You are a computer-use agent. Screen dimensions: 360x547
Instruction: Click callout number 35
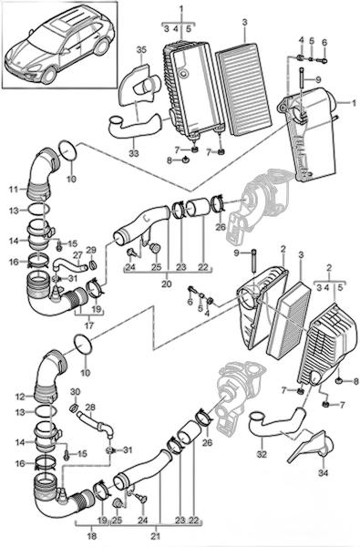[x=140, y=50]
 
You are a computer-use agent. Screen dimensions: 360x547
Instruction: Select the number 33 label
[x=134, y=153]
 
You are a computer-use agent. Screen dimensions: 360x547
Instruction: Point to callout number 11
[x=14, y=190]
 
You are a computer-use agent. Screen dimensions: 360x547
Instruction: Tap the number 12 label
[x=19, y=397]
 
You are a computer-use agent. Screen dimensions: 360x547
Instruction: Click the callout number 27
[x=77, y=255]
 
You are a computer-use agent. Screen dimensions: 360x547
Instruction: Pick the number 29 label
[x=91, y=250]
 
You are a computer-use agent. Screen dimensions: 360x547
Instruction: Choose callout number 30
[x=76, y=392]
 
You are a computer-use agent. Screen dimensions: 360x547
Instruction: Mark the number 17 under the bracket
[x=89, y=325]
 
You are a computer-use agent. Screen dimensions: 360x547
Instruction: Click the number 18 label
[x=91, y=536]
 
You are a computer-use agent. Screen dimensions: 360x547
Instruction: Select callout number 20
[x=167, y=284]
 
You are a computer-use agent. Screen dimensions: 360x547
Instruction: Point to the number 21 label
[x=156, y=536]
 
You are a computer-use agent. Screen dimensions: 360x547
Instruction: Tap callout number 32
[x=262, y=454]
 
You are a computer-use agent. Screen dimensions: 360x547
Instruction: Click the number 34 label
[x=324, y=473]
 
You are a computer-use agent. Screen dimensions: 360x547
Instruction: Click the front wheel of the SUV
[x=49, y=75]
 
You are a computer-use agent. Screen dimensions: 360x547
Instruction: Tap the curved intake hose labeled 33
[x=136, y=127]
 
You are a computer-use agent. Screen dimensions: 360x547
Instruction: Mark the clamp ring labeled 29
[x=93, y=265]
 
